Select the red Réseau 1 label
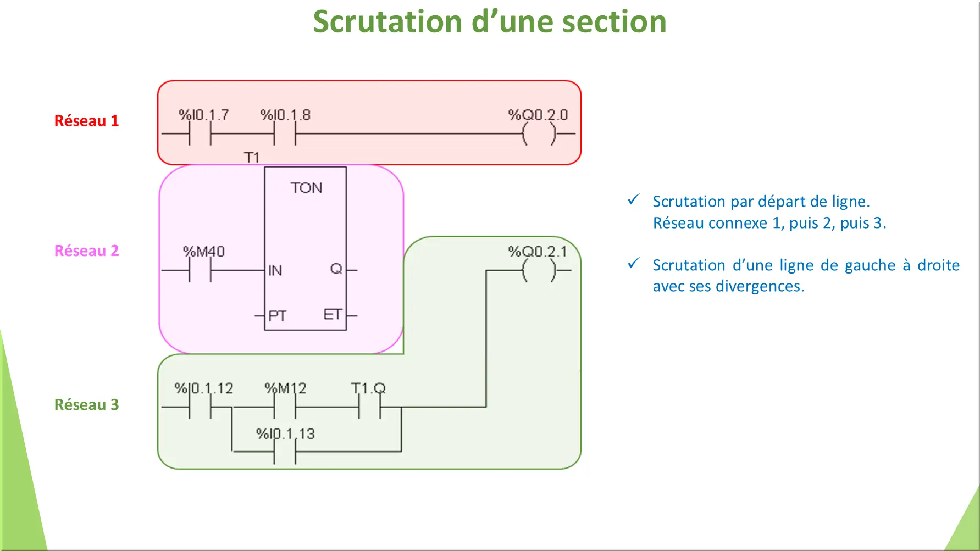tap(86, 121)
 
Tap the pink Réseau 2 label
tap(86, 251)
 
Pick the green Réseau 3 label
tap(86, 405)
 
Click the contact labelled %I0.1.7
tap(200, 133)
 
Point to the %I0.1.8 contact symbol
tap(285, 133)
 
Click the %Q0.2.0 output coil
tap(539, 133)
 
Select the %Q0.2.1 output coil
tap(539, 270)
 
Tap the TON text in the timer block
tap(306, 188)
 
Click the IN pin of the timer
tap(275, 270)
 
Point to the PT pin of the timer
tap(277, 316)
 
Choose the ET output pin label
tap(332, 315)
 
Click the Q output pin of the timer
tap(336, 269)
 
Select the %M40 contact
tap(200, 270)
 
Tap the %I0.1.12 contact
tap(200, 408)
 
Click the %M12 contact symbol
tap(285, 408)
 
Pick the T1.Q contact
tap(369, 408)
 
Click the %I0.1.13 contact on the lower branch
tap(285, 452)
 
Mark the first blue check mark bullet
tap(633, 200)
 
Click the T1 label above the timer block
tap(251, 158)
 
